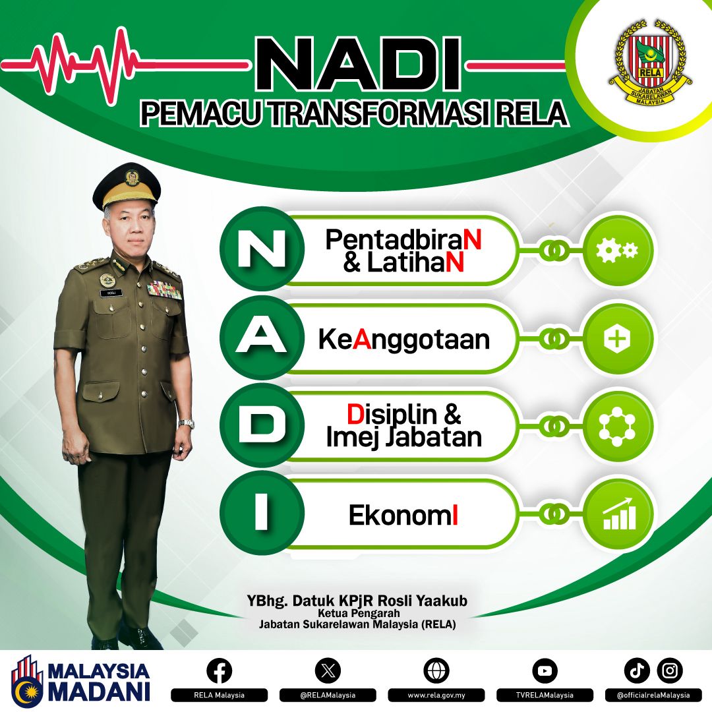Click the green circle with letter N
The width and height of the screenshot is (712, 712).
(x=262, y=250)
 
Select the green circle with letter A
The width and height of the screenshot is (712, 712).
(x=262, y=339)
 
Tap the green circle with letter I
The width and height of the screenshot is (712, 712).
(x=262, y=514)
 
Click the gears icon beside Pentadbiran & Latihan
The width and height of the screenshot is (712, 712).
(x=618, y=250)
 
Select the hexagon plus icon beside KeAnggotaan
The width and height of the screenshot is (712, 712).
(x=618, y=339)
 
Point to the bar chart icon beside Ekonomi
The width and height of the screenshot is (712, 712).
(x=618, y=515)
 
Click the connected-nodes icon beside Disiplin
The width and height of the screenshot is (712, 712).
(x=618, y=427)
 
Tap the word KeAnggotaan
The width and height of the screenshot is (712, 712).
(x=403, y=340)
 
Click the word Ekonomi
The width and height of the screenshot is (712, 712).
(x=403, y=516)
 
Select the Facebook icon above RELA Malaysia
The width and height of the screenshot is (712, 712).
(x=220, y=671)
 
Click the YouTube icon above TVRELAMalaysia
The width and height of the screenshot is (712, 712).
(x=545, y=671)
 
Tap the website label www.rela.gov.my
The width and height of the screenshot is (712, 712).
(x=436, y=695)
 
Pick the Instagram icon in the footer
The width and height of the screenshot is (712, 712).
(x=670, y=671)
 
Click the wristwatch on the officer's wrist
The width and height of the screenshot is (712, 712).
(x=187, y=424)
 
